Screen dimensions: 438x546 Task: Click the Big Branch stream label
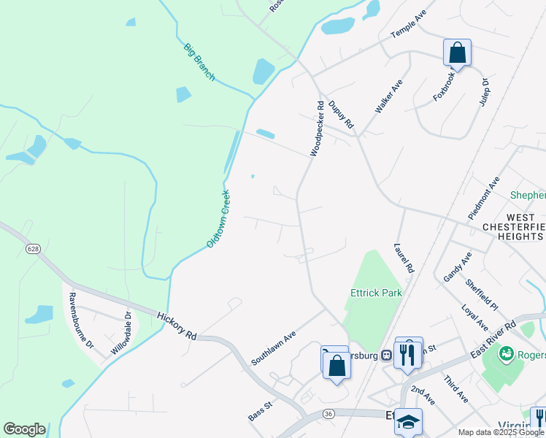[x=199, y=62]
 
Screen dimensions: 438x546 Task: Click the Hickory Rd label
[x=177, y=325]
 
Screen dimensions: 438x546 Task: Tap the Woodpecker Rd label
[x=316, y=128]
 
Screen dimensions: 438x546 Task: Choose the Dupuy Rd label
[x=341, y=115]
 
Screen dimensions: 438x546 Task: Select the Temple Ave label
[x=408, y=25]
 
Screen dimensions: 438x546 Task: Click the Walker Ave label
[x=388, y=96]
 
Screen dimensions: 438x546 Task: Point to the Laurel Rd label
[x=403, y=258]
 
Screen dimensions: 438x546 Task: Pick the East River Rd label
[x=493, y=339]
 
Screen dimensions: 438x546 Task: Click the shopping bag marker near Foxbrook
[x=457, y=53]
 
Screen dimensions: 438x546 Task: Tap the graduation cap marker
[x=409, y=421]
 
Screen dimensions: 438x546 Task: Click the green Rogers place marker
[x=505, y=353]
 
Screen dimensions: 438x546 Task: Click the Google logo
[x=24, y=429]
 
